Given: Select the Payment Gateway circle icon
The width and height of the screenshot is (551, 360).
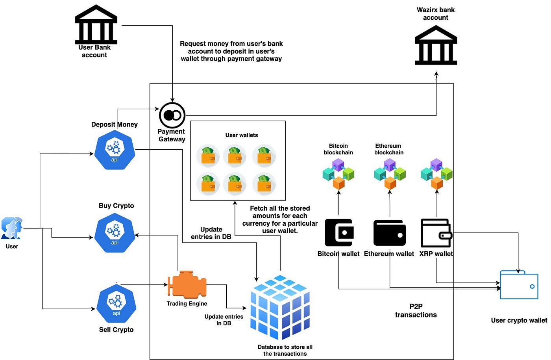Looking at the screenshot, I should pos(172,115).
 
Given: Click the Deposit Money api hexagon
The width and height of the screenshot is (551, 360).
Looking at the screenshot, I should pos(115,150).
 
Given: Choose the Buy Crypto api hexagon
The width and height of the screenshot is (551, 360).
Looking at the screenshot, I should pos(115,233).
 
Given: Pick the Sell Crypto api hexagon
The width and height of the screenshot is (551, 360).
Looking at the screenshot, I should pos(116,304).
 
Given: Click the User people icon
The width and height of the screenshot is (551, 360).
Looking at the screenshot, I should pos(12,228).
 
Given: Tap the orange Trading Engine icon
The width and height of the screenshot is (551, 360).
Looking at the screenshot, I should pos(187,284).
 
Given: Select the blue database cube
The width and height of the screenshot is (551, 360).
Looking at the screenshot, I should pos(280,307).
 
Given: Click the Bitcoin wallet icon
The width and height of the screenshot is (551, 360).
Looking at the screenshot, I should pos(339,232).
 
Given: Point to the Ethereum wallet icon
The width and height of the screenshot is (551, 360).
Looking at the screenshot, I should pos(390,233).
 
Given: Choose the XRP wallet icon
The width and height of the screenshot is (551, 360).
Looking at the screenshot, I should pos(436,233).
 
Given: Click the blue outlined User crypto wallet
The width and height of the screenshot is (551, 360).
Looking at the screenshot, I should pos(519,285).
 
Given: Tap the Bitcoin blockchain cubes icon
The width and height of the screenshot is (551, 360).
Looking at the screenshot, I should pos(338,174).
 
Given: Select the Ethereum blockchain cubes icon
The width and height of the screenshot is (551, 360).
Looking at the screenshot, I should pos(390,174).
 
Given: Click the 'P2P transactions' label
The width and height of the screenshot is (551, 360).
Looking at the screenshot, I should pos(416,310).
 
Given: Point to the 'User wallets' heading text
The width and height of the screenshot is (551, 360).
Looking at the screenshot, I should pos(242,135).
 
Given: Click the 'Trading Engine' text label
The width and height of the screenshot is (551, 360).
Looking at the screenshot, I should pos(187,303).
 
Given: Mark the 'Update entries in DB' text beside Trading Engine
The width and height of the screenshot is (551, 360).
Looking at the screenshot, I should pos(224,320).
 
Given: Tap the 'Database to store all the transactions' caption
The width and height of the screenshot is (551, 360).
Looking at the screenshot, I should pos(285,350).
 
